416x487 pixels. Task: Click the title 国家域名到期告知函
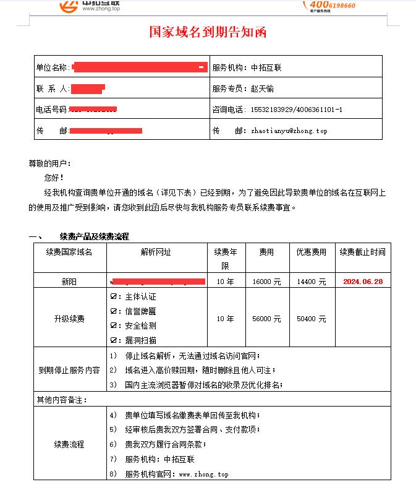tap(208, 32)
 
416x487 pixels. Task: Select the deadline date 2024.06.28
tap(363, 282)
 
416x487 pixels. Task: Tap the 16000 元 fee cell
tap(267, 282)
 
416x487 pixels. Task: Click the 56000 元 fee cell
tap(267, 319)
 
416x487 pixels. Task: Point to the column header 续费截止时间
tap(362, 252)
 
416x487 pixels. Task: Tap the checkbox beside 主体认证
tap(114, 297)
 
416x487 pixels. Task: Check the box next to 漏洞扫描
tap(114, 340)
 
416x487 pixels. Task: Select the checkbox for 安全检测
tap(114, 325)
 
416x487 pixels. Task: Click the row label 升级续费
tap(69, 319)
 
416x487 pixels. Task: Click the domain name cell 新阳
tap(69, 282)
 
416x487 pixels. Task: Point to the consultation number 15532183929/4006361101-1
tap(296, 110)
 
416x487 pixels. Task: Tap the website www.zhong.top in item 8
tap(203, 474)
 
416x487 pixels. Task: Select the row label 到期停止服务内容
tap(69, 370)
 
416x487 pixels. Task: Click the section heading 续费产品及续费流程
tap(94, 236)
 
